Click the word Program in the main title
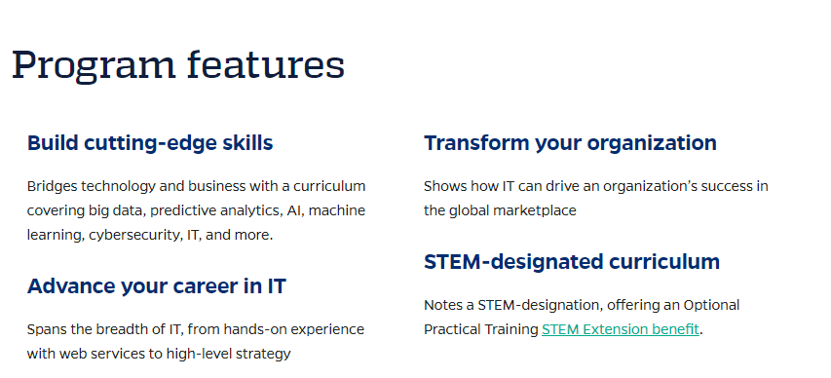94,65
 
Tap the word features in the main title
266,64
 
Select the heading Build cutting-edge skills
150,143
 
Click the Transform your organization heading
570,143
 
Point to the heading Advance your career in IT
156,286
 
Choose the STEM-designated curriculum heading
572,262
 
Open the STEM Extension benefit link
620,329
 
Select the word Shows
441,187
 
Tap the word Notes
442,305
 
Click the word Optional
711,306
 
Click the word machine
337,211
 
